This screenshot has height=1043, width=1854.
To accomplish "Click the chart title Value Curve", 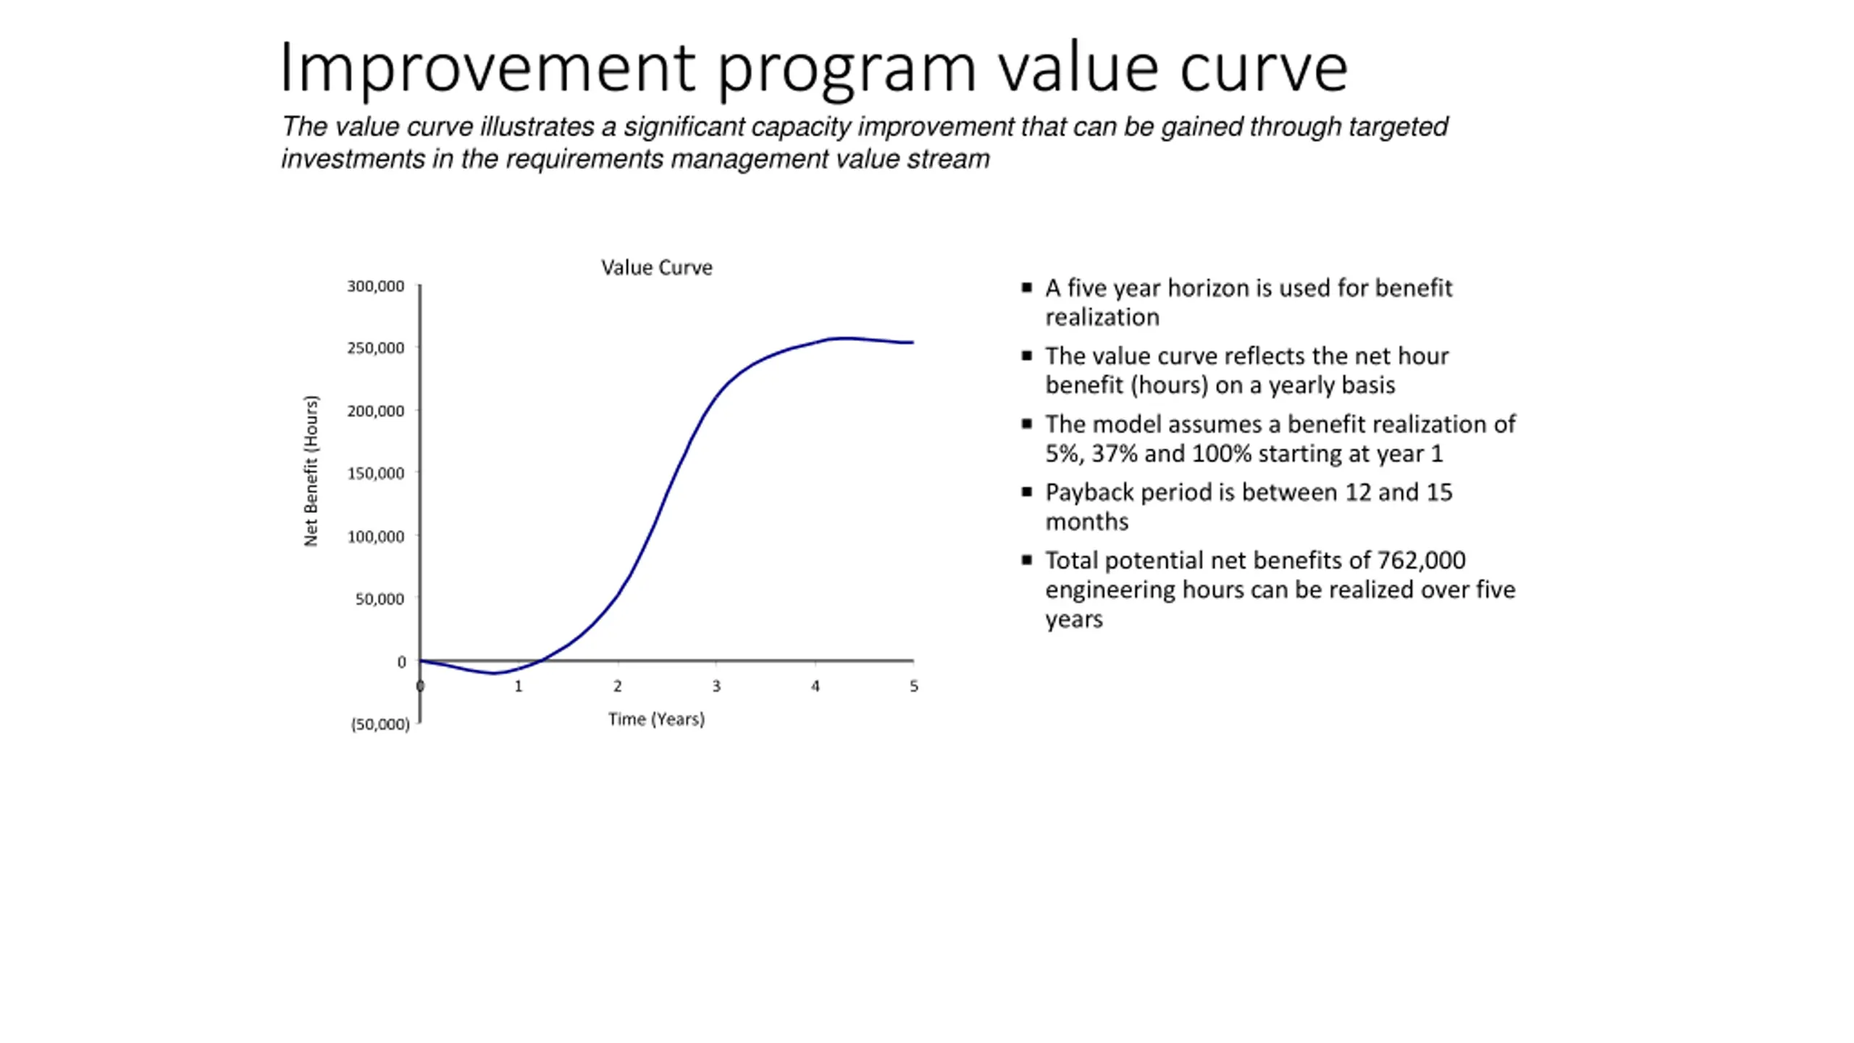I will [x=656, y=268].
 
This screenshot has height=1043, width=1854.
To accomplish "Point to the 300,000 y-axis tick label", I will [x=375, y=287].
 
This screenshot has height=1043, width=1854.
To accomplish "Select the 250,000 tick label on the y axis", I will [x=375, y=348].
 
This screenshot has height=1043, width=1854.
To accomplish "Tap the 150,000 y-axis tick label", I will [x=375, y=474].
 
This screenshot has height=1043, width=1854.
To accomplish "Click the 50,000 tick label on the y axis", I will [x=379, y=599].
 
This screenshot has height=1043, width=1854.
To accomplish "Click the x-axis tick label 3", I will [x=716, y=686].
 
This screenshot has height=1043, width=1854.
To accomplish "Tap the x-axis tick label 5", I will [x=914, y=686].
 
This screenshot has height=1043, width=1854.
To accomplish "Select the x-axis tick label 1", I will [x=519, y=686].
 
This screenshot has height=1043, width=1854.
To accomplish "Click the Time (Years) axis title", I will [x=656, y=719].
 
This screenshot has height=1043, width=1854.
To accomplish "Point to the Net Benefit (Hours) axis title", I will [x=311, y=471].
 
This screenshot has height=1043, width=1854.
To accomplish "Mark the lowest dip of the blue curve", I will [x=495, y=673].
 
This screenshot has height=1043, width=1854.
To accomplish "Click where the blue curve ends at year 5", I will [x=913, y=343].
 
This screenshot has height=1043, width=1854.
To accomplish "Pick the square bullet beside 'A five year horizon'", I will [x=1026, y=288].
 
